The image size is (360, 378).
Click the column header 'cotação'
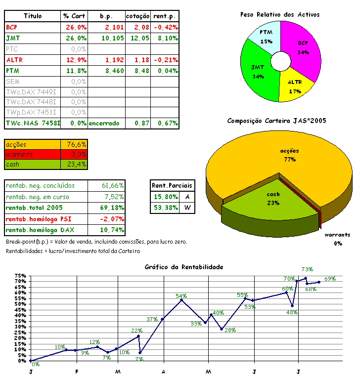click(137, 16)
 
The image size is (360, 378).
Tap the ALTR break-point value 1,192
click(114, 60)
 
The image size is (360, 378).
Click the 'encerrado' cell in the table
click(104, 123)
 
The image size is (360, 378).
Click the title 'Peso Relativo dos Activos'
click(280, 14)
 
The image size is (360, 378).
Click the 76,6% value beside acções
click(76, 144)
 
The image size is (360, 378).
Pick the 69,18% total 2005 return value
click(112, 208)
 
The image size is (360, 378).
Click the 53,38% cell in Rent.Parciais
click(165, 208)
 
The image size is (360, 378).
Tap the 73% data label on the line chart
click(307, 269)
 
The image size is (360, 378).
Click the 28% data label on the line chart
click(230, 330)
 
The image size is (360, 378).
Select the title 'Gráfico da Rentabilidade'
click(183, 267)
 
